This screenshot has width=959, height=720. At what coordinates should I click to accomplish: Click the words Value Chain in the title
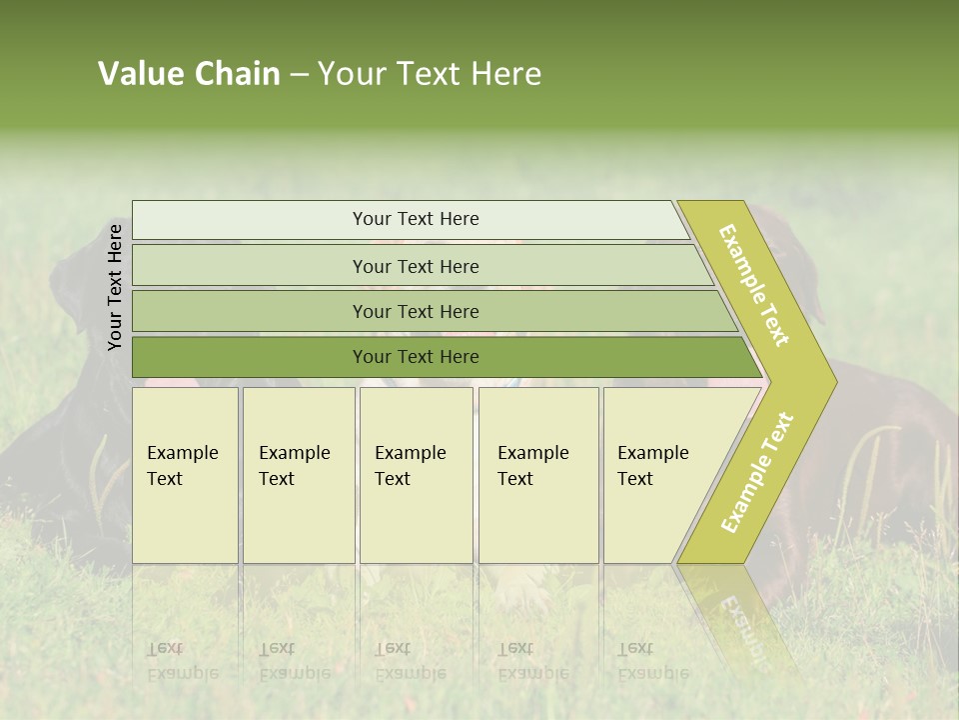tap(189, 74)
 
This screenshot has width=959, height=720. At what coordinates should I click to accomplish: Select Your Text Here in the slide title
tap(430, 74)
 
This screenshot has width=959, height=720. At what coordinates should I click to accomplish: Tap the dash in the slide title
tap(299, 75)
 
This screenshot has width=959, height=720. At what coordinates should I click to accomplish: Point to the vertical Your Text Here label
tap(115, 287)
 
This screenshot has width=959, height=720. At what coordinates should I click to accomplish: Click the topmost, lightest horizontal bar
tap(416, 219)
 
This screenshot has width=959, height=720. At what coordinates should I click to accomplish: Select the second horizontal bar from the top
tap(416, 266)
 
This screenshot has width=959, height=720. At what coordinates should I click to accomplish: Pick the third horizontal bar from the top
tap(416, 311)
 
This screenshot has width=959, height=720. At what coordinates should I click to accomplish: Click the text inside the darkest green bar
tap(416, 356)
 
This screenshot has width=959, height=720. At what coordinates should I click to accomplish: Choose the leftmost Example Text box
tap(185, 475)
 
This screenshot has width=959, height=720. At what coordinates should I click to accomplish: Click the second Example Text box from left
tap(299, 475)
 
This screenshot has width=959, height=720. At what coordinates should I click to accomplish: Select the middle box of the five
tap(416, 475)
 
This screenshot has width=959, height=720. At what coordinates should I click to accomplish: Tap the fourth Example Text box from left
tap(538, 475)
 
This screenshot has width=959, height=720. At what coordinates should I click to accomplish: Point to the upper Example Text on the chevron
tap(754, 285)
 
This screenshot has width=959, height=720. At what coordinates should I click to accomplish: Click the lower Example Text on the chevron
tap(757, 472)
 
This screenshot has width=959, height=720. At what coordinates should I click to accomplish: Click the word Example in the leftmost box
tap(182, 453)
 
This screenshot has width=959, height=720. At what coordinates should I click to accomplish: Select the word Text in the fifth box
tap(634, 479)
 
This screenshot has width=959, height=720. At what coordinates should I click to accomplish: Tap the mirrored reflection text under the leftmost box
tap(182, 661)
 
